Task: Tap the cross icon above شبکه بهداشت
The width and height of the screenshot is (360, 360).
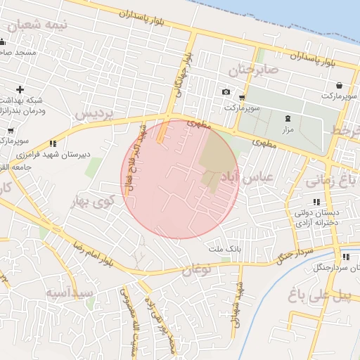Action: (20, 89)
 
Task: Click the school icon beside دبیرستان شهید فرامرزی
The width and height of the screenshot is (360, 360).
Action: (53, 143)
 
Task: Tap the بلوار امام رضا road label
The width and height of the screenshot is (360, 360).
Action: (92, 254)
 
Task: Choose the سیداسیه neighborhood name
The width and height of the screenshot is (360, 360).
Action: (70, 292)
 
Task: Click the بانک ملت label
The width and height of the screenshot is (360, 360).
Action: (225, 249)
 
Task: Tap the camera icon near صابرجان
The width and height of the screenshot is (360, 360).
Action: (226, 92)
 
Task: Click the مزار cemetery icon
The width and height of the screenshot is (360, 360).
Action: (287, 118)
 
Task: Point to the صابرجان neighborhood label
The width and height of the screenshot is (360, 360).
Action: (253, 70)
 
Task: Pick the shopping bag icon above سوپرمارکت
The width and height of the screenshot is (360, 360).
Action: (340, 84)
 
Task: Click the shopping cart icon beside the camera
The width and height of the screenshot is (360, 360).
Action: (243, 97)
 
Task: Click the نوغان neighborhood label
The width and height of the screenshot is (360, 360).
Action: (197, 269)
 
